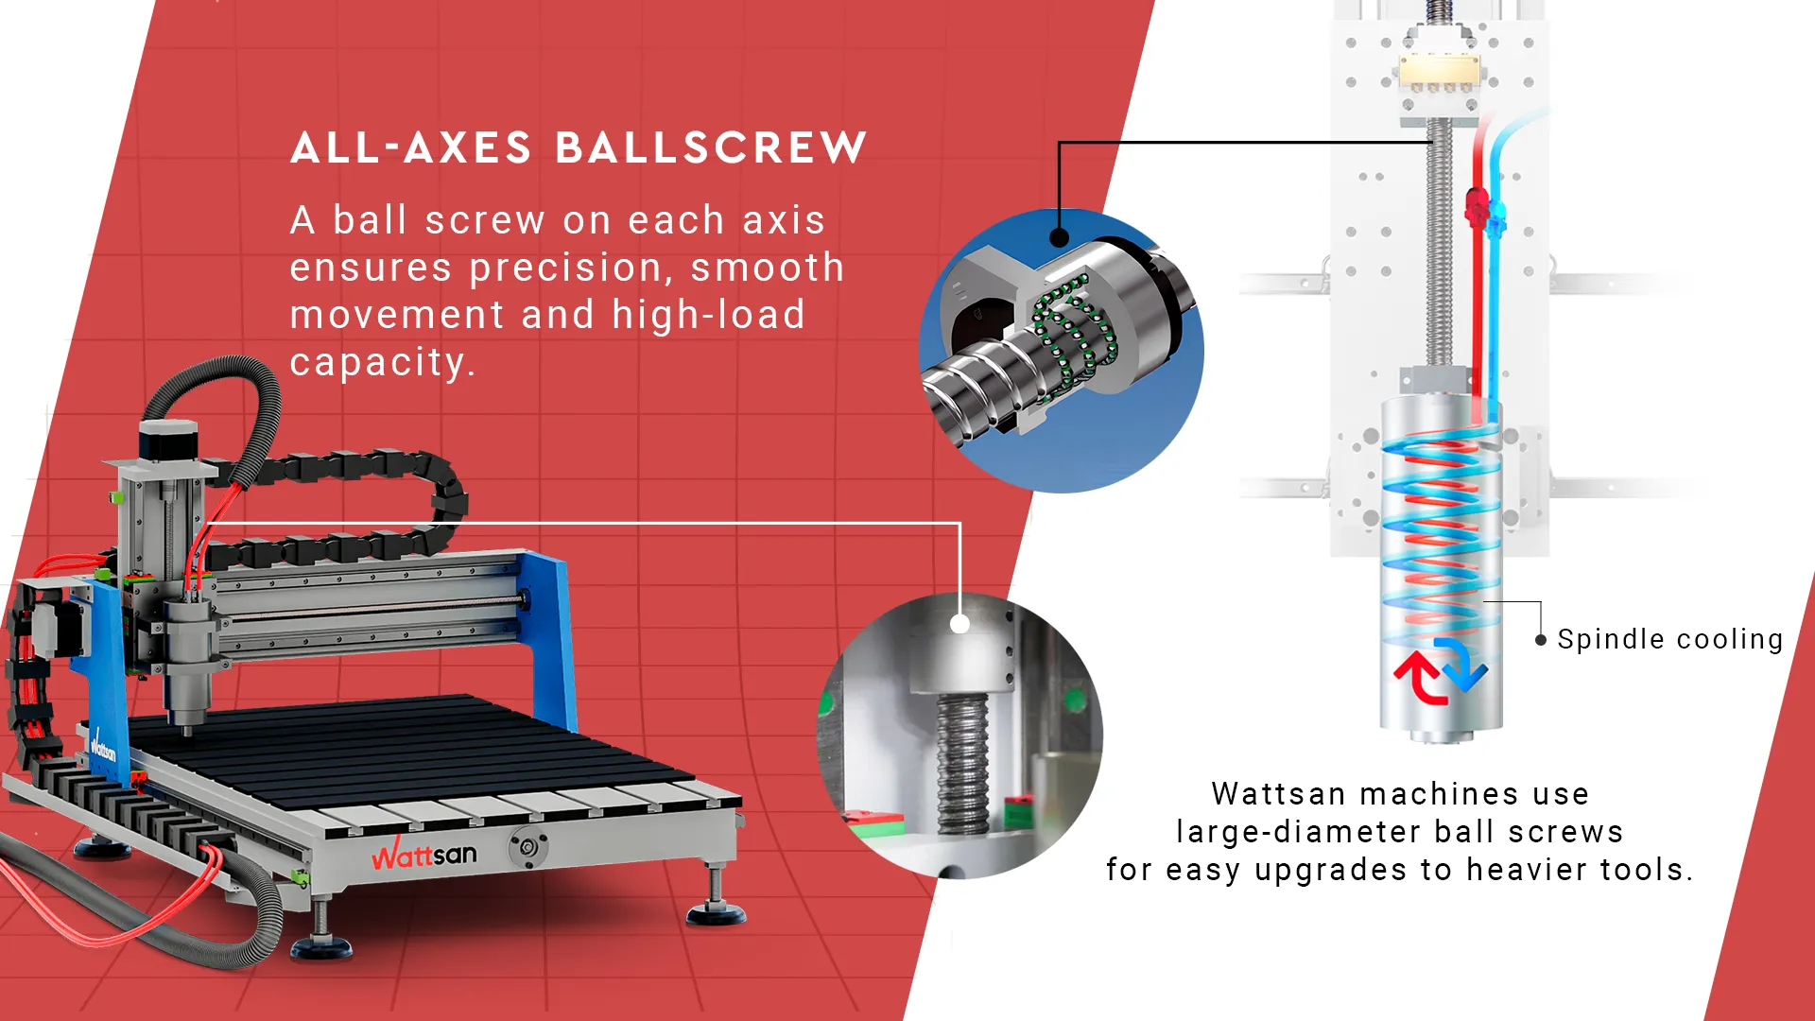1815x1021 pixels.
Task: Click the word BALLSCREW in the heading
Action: pos(711,147)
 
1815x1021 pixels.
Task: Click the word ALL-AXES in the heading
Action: pos(411,147)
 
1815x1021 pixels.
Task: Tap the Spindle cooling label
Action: pos(1670,640)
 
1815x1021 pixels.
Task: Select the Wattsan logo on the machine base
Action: pos(424,855)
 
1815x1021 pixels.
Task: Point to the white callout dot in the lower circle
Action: pos(959,624)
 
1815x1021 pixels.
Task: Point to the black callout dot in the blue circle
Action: pos(1060,237)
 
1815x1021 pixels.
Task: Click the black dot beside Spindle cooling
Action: pos(1541,640)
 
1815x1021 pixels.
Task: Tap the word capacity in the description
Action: pos(378,362)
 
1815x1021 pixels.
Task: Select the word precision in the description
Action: pos(572,268)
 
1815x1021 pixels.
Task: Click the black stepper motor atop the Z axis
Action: pos(168,440)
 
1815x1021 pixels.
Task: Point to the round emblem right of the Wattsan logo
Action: pos(528,848)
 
